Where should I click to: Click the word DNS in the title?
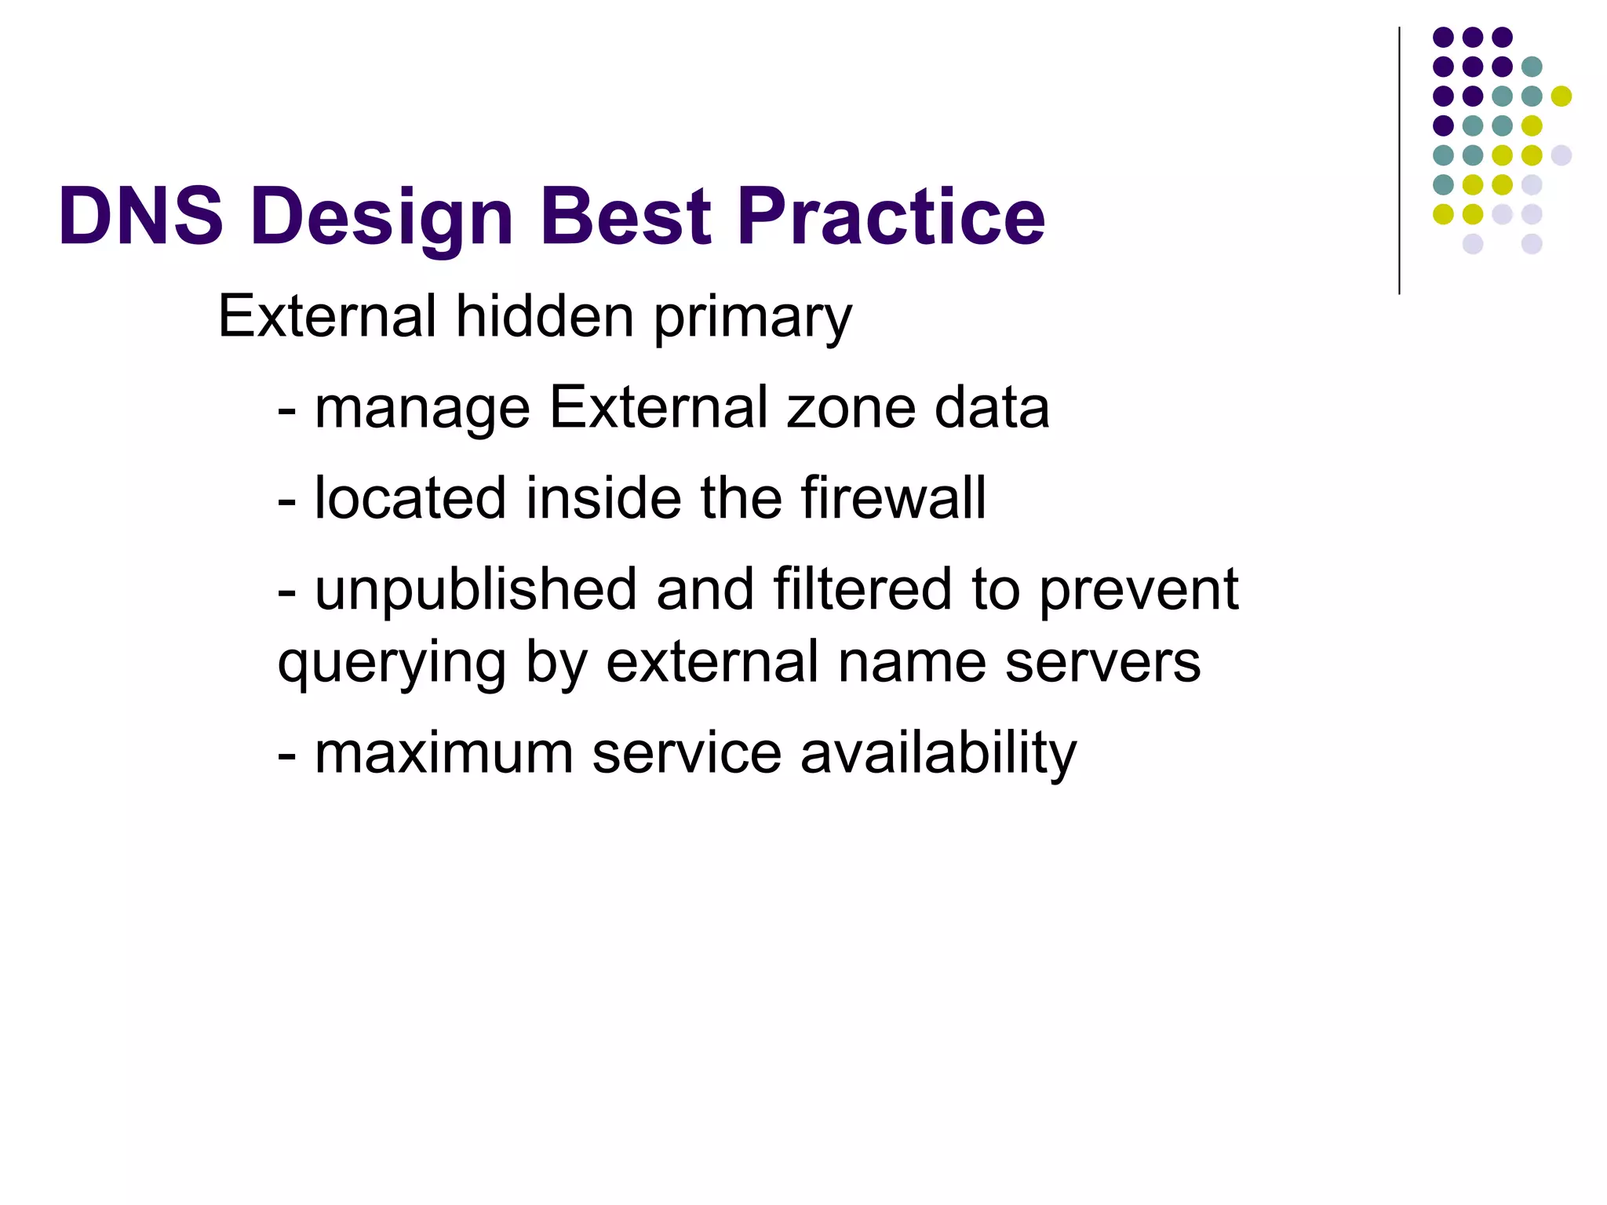[x=141, y=216]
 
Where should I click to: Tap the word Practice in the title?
[x=891, y=216]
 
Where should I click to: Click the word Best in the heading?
[x=625, y=216]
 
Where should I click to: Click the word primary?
[x=752, y=318]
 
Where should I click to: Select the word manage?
[x=422, y=410]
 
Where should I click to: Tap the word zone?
[x=851, y=410]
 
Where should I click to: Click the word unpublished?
[x=476, y=590]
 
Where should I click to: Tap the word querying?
[x=392, y=664]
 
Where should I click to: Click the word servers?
[x=1102, y=662]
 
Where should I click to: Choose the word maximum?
[x=444, y=752]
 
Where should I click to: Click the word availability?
[x=938, y=754]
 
